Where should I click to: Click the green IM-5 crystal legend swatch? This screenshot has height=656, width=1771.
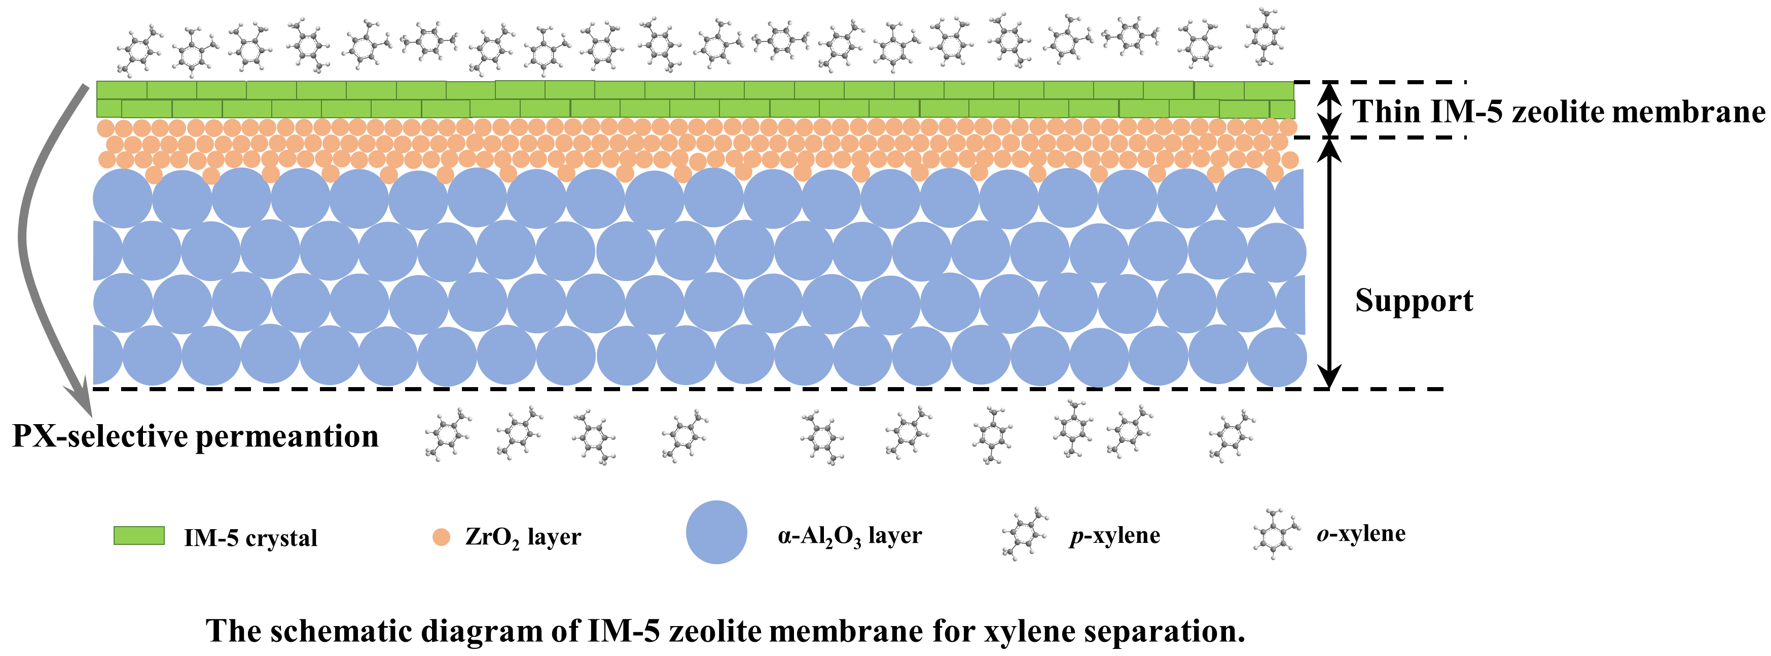(x=139, y=536)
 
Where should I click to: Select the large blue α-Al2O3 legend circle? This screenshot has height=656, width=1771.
(x=716, y=532)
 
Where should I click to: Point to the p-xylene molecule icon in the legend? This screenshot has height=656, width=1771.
(x=1025, y=534)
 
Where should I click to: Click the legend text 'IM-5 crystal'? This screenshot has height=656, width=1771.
(x=250, y=538)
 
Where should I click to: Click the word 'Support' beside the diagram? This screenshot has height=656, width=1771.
(x=1414, y=300)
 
